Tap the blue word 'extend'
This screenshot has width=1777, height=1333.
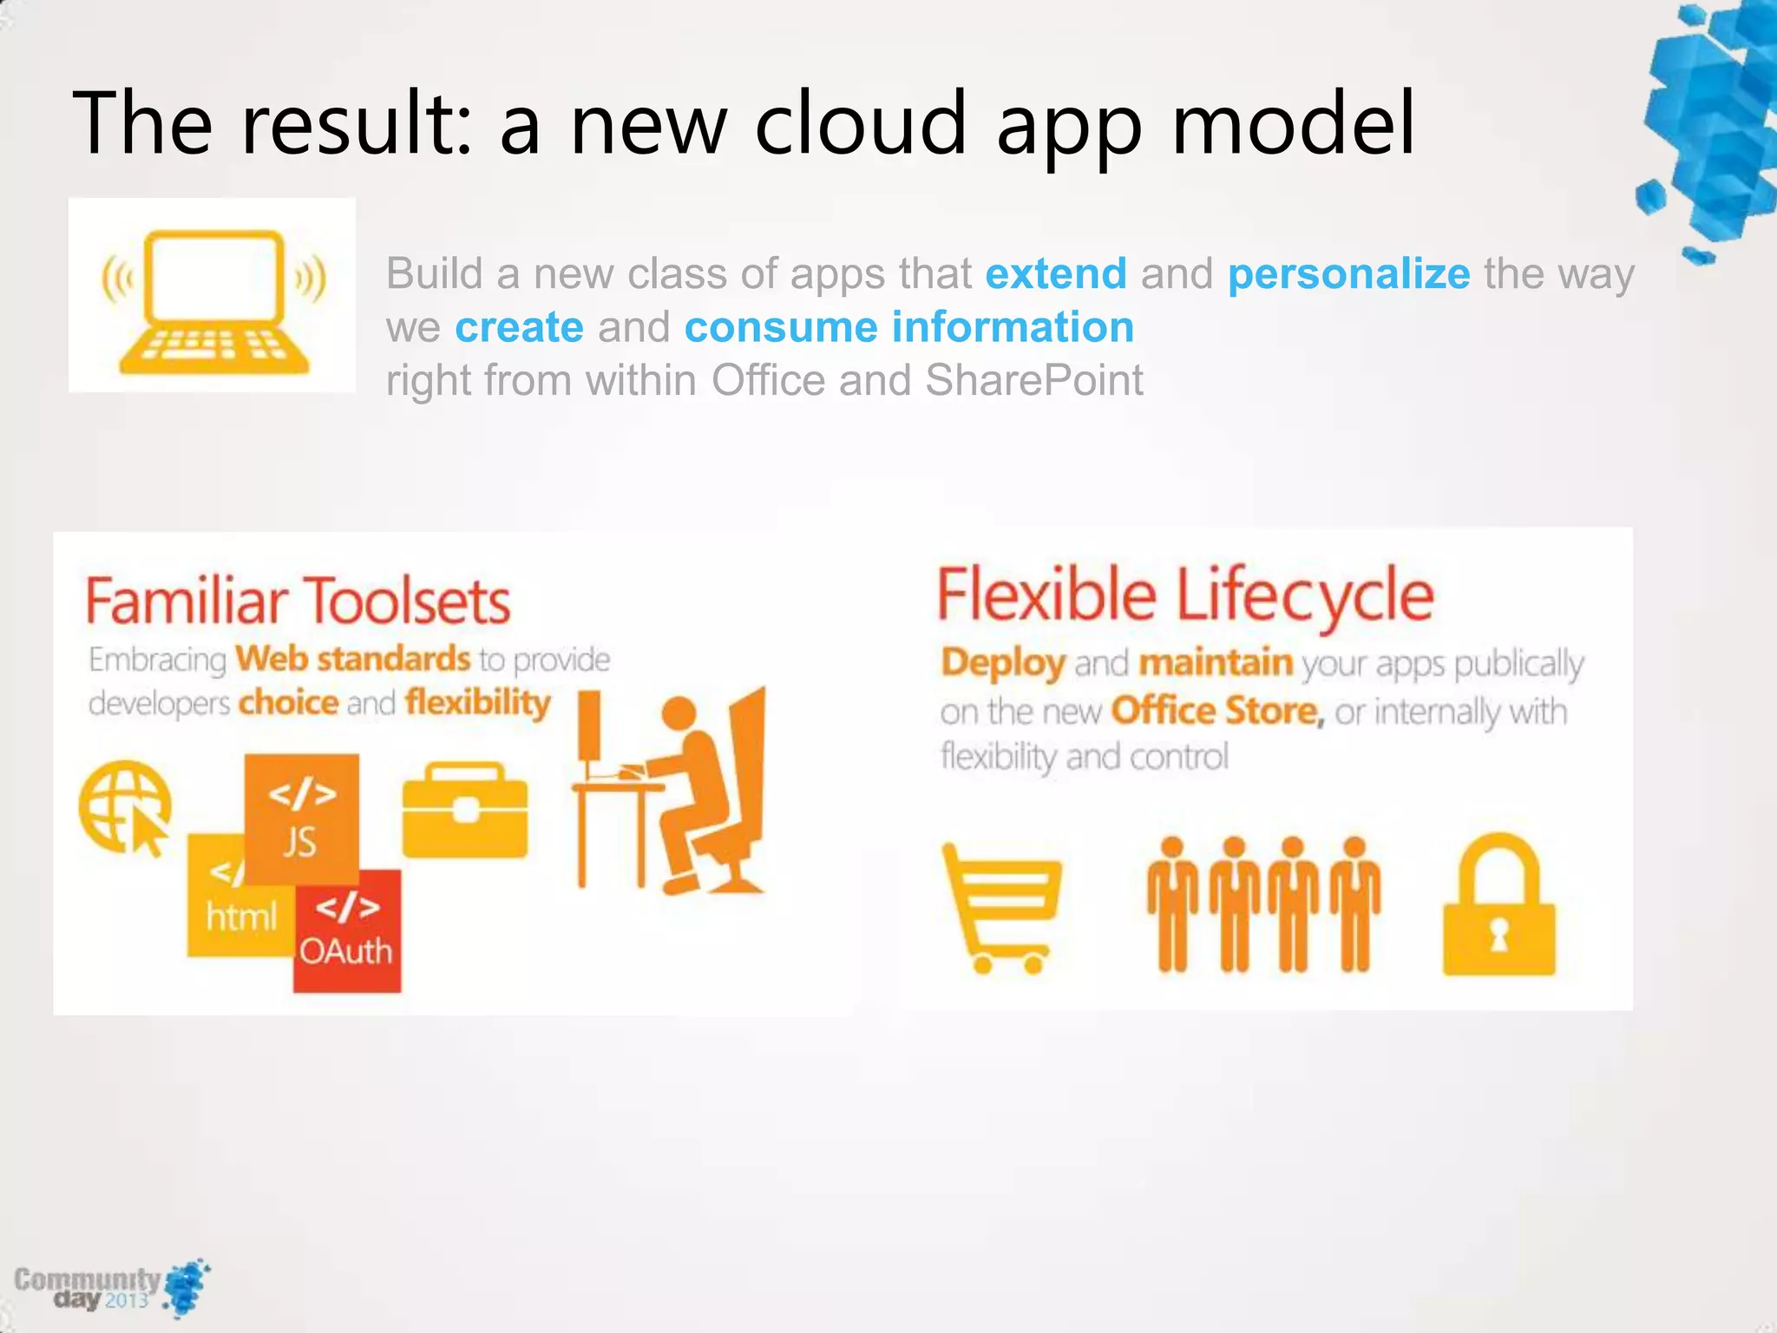pos(1056,274)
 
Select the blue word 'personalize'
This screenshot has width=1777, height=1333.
pos(1348,274)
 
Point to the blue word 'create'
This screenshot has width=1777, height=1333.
pos(519,327)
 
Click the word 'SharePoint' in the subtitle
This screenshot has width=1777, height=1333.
pos(1033,380)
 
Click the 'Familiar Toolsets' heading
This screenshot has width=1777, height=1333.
pos(298,601)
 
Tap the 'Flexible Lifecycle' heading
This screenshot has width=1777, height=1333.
pos(1185,595)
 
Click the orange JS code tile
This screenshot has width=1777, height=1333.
pos(301,816)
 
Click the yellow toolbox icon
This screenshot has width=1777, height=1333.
pos(465,811)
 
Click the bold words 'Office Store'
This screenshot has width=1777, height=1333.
pos(1216,711)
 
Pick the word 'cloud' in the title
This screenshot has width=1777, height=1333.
pos(860,122)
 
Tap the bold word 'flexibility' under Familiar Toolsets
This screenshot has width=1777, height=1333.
pos(477,702)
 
